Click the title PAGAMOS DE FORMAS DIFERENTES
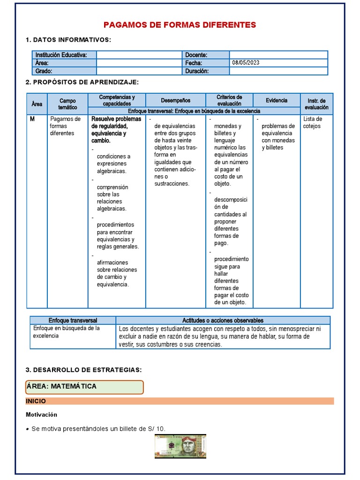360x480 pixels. coord(180,25)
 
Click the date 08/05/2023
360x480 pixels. coord(246,63)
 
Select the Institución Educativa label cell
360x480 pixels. coord(64,55)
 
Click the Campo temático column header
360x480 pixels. coord(67,104)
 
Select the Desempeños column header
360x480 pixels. coord(175,100)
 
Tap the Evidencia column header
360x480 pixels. coord(277,100)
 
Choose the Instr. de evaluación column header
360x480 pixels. coord(316,104)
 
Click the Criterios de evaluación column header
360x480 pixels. coord(229,100)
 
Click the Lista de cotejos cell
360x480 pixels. coord(312,122)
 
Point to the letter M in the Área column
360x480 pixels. coord(32,119)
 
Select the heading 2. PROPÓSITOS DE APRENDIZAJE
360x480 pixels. coord(82,82)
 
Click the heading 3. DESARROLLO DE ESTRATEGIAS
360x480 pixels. coord(83,370)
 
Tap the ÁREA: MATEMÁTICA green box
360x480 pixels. coord(84,387)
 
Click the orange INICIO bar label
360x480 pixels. coord(36,401)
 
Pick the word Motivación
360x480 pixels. coord(41,415)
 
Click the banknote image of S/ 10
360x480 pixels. coord(180,446)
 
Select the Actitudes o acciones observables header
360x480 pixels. coord(223,320)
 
